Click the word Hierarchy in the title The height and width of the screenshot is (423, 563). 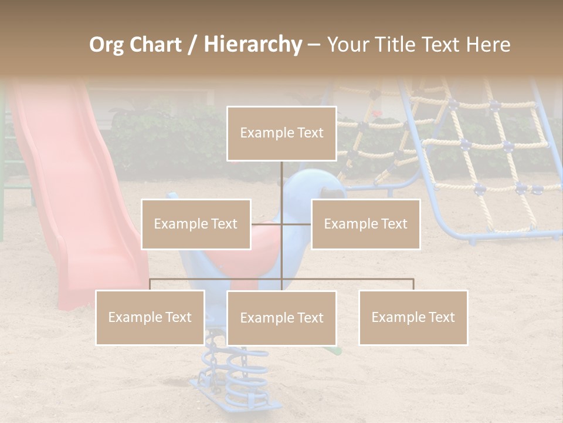(253, 45)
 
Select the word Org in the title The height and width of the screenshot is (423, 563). (106, 45)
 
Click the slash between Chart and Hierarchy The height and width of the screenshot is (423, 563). (193, 45)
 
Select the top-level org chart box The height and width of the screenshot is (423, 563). (281, 133)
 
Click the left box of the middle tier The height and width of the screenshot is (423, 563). (196, 224)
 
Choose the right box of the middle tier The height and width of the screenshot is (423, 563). (365, 224)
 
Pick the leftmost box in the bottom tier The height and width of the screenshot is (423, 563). (150, 317)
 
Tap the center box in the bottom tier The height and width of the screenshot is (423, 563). (281, 318)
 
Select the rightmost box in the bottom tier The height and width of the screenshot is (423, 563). (413, 317)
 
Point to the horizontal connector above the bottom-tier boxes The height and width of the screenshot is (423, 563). (352, 279)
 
